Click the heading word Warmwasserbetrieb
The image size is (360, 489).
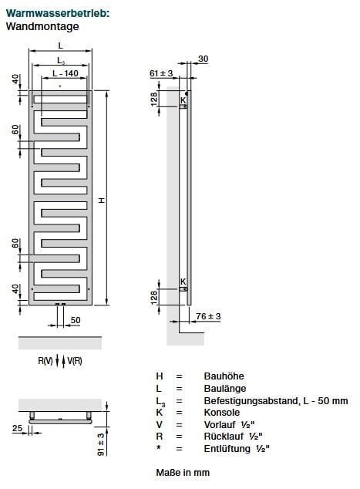click(x=58, y=13)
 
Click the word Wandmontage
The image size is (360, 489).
click(x=42, y=26)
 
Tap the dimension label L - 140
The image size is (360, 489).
click(x=66, y=73)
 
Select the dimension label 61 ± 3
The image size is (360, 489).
click(x=161, y=73)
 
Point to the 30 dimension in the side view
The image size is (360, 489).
click(x=204, y=59)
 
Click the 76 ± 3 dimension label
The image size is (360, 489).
click(x=208, y=316)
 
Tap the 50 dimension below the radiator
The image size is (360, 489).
click(x=76, y=320)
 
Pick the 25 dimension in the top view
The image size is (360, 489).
click(x=17, y=428)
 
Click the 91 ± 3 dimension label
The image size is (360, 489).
click(x=101, y=444)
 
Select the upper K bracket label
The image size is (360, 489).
click(x=183, y=100)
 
